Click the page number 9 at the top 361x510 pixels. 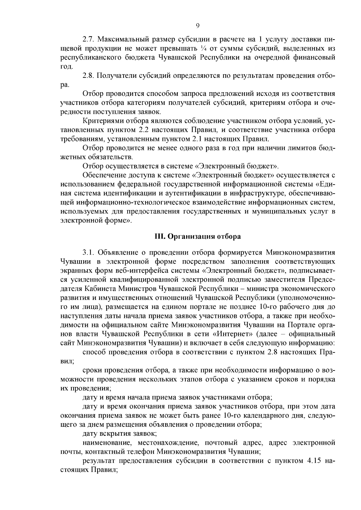[x=198, y=26]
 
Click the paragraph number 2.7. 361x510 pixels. [x=89, y=39]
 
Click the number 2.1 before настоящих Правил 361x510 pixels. [x=197, y=139]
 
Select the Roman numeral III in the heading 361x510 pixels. [x=159, y=237]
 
